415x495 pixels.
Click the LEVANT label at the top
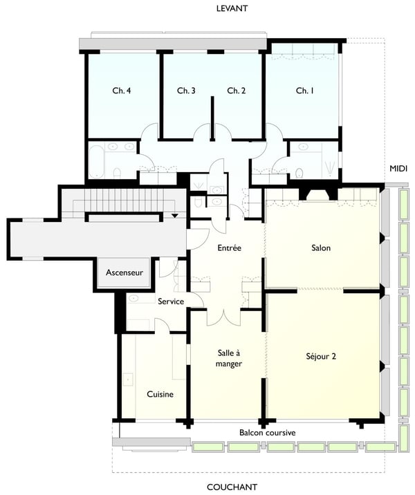coord(232,8)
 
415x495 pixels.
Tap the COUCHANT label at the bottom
coord(232,487)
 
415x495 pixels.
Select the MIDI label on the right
coord(398,169)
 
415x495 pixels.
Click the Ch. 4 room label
coord(122,91)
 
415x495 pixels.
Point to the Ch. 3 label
coord(186,91)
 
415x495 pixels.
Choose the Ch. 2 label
coord(237,91)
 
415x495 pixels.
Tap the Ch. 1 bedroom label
coord(305,91)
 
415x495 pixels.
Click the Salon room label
coord(322,247)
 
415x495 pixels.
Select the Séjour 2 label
coord(321,357)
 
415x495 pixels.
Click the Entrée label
coord(229,247)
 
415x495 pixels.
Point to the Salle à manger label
coord(228,358)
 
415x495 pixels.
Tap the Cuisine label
coord(160,394)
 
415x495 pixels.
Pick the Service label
coord(171,301)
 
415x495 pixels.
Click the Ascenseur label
coord(124,273)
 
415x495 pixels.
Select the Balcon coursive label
coord(268,433)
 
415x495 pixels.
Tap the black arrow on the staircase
coord(175,216)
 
